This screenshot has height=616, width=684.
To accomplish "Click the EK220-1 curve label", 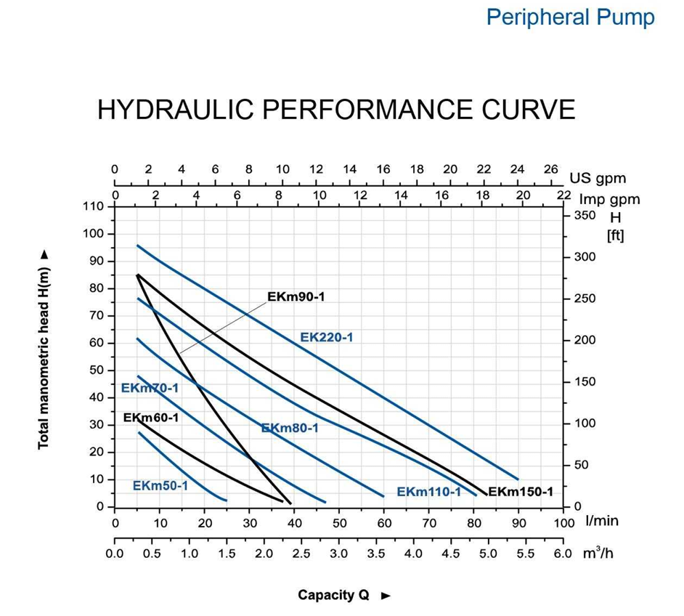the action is point(326,337).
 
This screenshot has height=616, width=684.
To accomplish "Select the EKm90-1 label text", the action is point(296,296).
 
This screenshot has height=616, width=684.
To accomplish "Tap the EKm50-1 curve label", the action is point(160,485).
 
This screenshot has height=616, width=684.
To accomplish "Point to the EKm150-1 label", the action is point(520,492).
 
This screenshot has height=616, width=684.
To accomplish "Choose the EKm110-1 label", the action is point(428,492).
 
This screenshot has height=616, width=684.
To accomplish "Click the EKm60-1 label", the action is point(151,418).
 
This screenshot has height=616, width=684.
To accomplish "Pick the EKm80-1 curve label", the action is point(290,428).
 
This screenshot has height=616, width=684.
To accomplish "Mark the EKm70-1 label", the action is point(150,388).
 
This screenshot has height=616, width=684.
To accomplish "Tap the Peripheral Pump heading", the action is point(570,17).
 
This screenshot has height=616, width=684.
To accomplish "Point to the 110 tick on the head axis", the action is point(94,206).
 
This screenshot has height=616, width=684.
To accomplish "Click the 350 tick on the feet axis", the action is point(585,215).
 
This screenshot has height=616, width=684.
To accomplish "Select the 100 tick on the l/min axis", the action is point(563,522).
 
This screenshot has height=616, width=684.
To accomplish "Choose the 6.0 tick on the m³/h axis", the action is point(563,554).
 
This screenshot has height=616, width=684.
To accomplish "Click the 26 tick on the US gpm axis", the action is point(551,169).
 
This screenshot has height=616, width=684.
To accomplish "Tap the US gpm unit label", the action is point(598,178).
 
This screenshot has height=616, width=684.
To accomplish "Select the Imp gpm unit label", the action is point(609,199).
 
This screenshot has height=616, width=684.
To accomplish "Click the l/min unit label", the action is point(602,520).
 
